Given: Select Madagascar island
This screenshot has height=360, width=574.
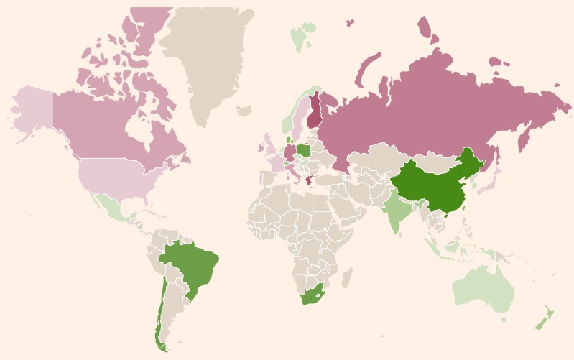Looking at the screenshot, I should [x=346, y=277].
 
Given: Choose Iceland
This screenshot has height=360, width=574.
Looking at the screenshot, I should [x=244, y=111].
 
